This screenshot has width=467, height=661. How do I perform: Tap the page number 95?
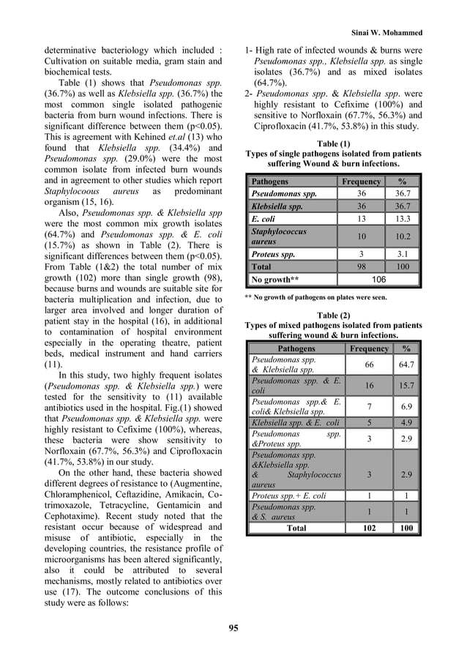233,627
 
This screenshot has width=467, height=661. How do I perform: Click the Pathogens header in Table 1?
270,181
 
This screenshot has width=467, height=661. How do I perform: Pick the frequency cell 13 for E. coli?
361,218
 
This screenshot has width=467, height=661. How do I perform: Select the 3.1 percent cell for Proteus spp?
403,254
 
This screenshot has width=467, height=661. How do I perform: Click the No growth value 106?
379,280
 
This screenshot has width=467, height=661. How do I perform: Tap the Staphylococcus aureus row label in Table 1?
279,236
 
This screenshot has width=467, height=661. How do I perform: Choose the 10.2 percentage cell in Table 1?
403,236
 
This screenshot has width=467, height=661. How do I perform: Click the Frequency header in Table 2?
369,349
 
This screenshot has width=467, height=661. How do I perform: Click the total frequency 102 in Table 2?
369,527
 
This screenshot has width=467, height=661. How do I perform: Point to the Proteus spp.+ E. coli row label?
286,496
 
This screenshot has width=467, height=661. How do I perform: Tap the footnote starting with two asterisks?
314,297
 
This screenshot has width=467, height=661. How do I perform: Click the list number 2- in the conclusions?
249,94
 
